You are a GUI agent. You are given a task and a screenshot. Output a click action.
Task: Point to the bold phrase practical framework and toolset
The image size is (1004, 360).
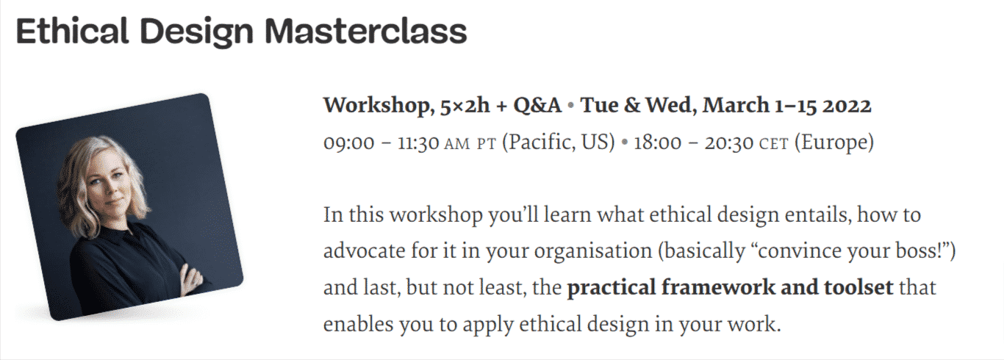point(730,287)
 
